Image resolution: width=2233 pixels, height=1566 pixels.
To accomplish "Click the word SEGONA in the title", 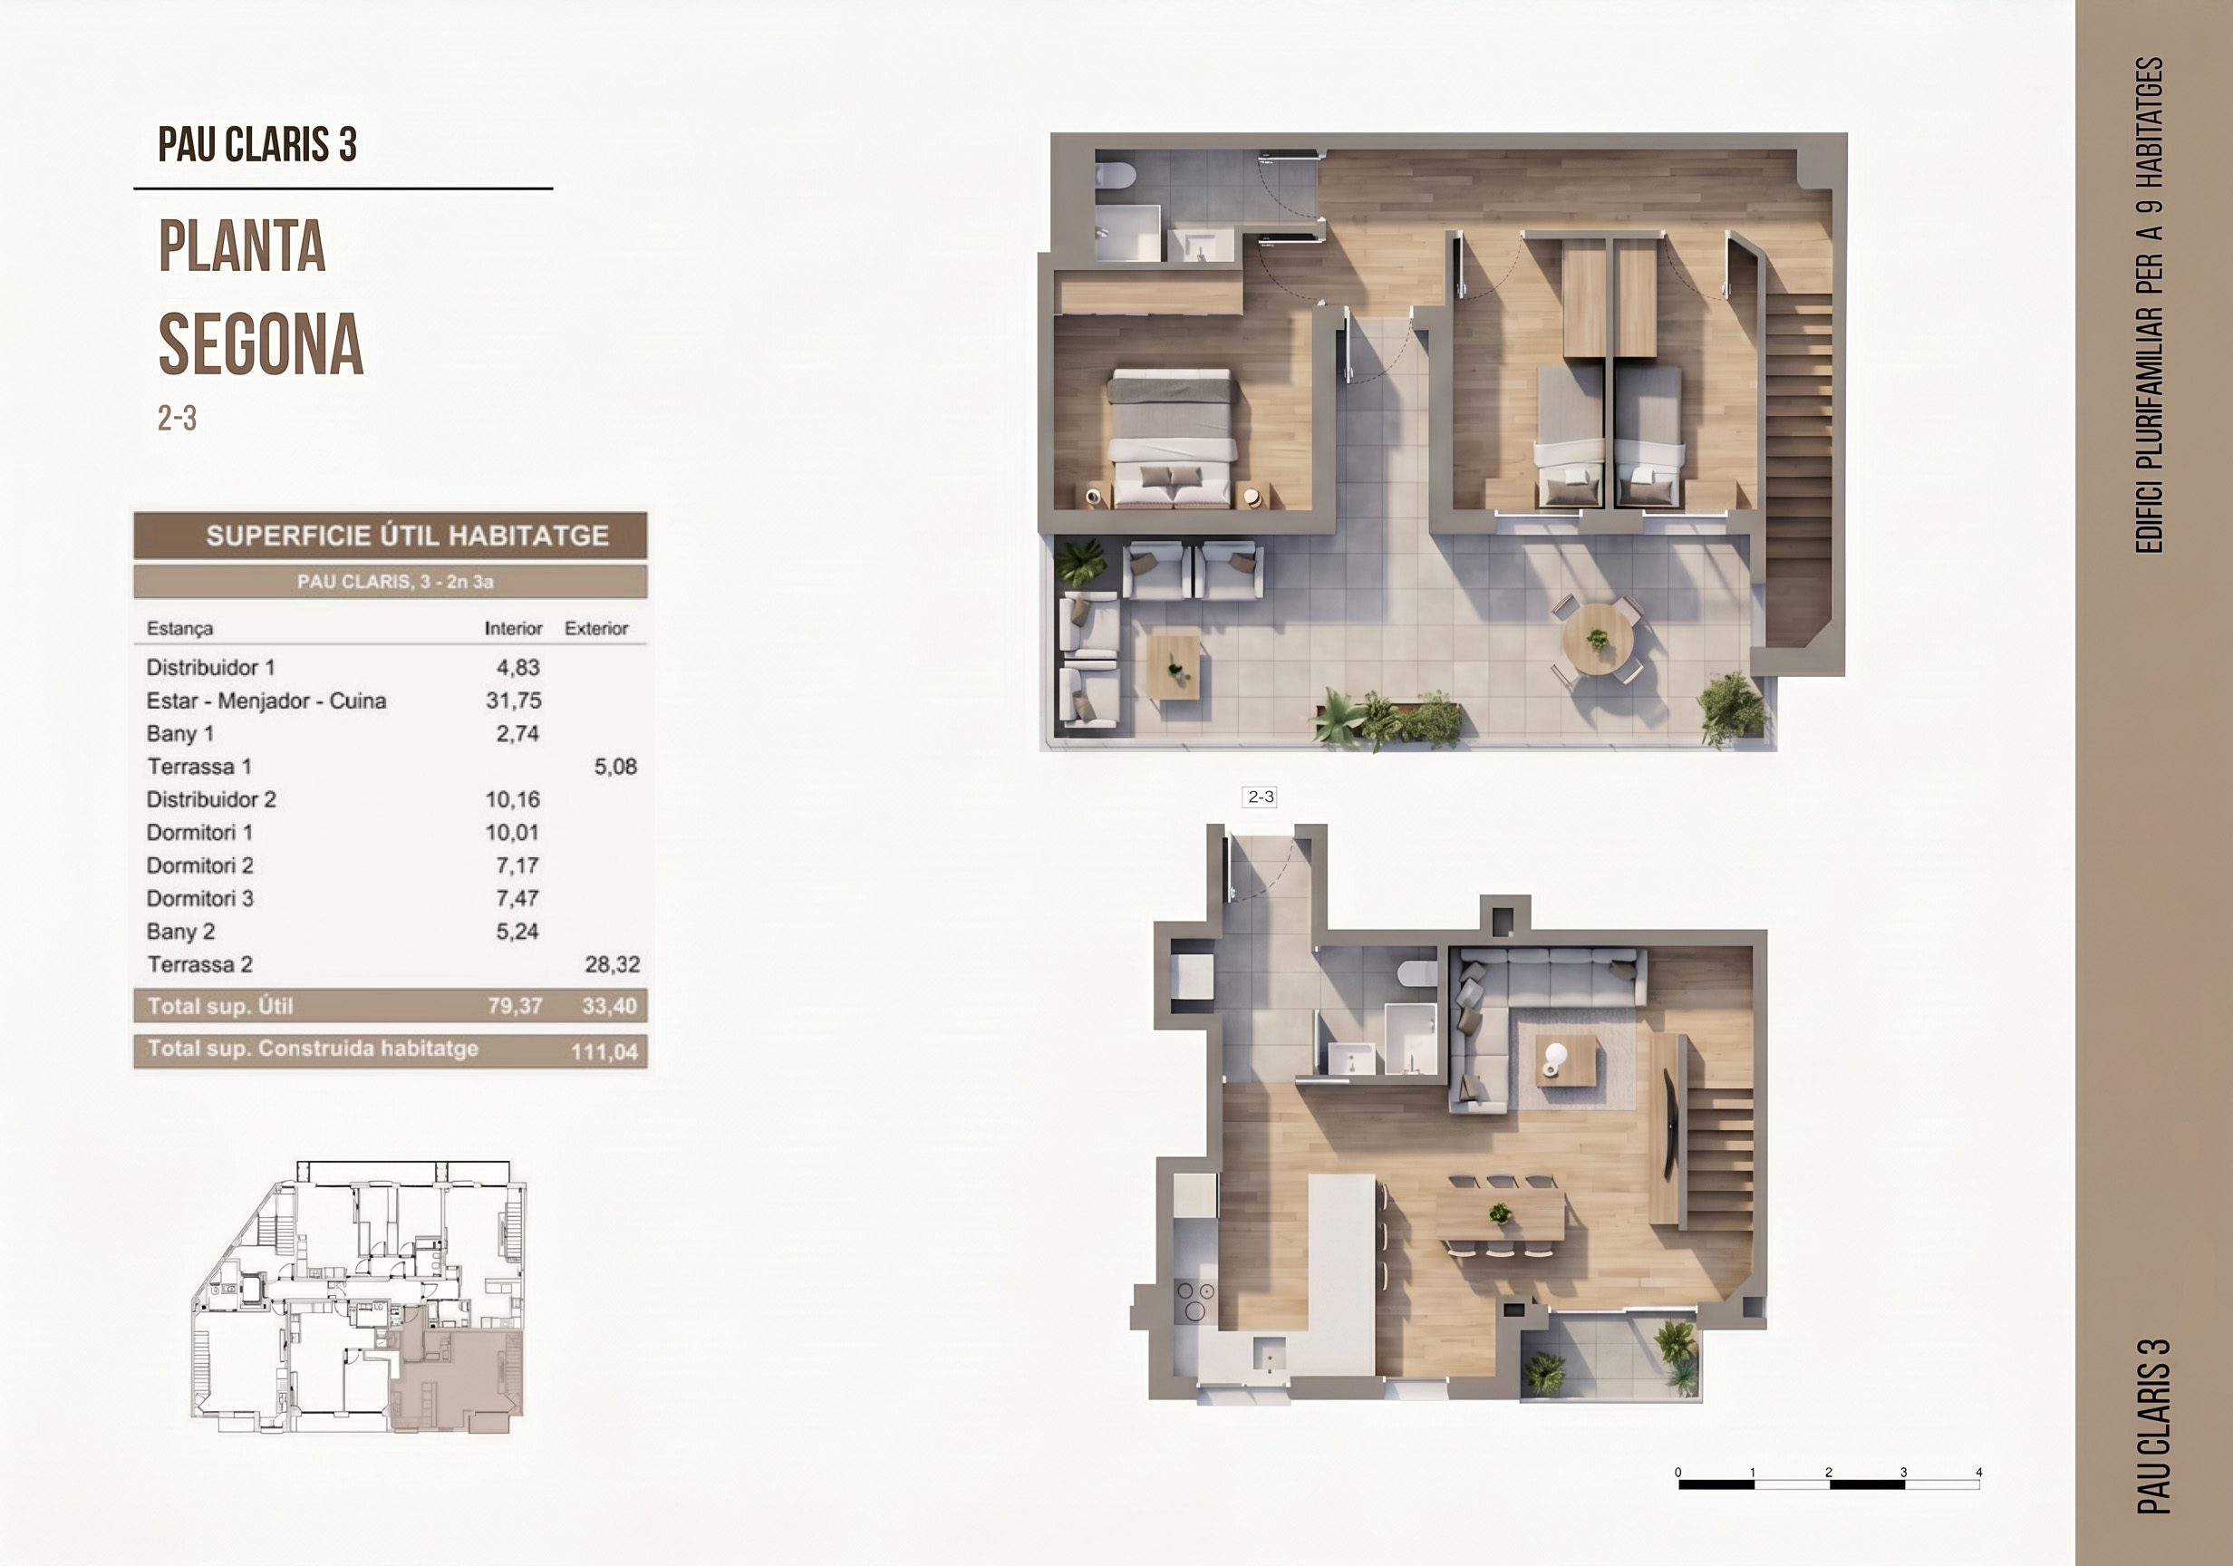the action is (x=261, y=344).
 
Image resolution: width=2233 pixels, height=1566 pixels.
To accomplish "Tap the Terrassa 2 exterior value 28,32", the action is (x=612, y=965).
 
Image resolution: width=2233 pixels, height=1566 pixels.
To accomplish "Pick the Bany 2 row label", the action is (x=181, y=932).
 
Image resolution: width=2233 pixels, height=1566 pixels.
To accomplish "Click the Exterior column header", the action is (x=596, y=628).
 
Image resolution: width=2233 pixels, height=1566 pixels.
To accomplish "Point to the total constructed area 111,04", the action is (x=604, y=1051).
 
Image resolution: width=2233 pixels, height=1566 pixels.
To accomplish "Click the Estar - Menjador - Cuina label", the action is (x=266, y=701).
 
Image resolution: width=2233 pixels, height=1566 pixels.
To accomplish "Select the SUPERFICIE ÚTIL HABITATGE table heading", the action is (x=408, y=536).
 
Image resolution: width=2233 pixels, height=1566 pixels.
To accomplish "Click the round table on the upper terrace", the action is (x=1597, y=639).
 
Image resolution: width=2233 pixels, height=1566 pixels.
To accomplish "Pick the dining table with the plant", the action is (x=1501, y=1213).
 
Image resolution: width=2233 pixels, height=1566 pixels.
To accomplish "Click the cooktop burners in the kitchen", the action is (x=1195, y=1301).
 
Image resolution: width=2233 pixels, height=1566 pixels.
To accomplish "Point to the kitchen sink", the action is (x=1268, y=1354).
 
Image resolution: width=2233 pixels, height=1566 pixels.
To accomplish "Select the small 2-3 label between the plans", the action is (x=1261, y=797).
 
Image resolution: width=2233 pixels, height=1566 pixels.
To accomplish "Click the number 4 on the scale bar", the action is (x=1978, y=1472).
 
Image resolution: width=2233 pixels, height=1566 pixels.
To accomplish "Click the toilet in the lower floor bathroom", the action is (x=1417, y=971).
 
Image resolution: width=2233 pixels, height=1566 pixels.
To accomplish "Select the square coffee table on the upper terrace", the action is (x=1173, y=666).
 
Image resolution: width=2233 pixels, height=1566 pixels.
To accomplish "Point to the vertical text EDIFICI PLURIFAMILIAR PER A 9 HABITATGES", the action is (x=2149, y=305).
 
